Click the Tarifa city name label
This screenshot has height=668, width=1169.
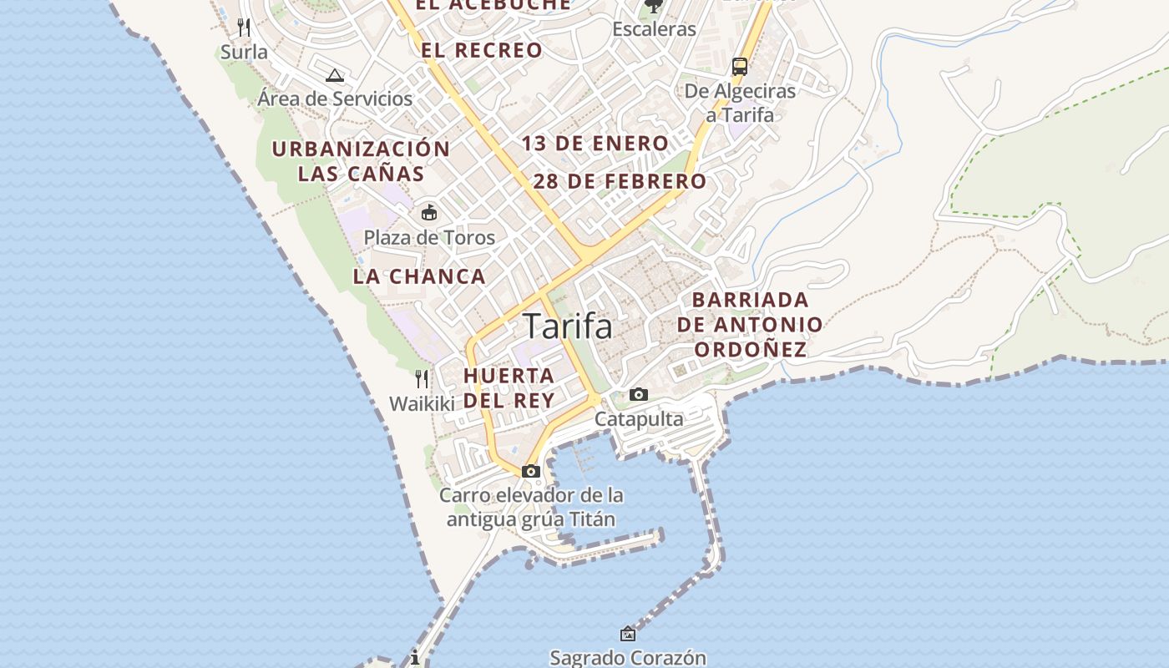click(568, 326)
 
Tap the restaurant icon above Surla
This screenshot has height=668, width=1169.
click(244, 28)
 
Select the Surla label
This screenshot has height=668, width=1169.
click(245, 52)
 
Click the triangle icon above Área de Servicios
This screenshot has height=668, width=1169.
click(335, 76)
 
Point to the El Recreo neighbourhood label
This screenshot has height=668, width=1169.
click(482, 50)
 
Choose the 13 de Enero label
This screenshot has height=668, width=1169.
click(595, 144)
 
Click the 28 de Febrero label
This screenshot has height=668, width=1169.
click(620, 181)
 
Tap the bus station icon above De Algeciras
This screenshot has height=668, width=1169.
click(739, 67)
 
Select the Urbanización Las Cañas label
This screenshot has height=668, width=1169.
click(361, 161)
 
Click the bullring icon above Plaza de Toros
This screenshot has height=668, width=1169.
click(429, 213)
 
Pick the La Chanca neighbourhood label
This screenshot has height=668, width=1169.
click(419, 276)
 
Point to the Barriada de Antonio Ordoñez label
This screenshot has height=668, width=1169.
click(750, 324)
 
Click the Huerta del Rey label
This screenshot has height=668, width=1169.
click(509, 387)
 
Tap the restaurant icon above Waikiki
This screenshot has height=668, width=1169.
click(422, 379)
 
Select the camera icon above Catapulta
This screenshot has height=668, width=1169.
click(639, 395)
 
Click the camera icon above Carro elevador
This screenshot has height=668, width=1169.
click(531, 472)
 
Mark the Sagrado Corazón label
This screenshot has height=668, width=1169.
click(628, 658)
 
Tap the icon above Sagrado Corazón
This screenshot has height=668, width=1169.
click(628, 635)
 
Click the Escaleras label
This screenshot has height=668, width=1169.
click(654, 29)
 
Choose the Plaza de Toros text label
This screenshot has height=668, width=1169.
click(429, 238)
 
